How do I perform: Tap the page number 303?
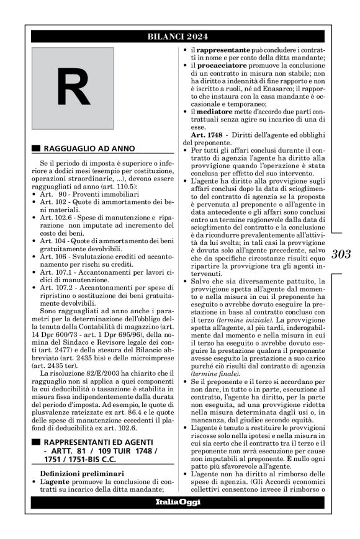(x=341, y=253)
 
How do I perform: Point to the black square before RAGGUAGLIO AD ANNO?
(x=35, y=148)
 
